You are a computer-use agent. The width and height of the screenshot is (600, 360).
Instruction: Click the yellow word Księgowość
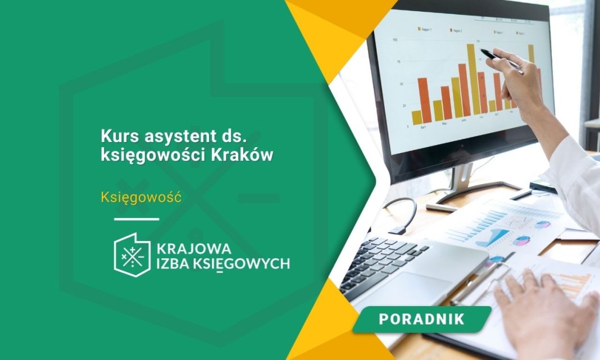(140, 197)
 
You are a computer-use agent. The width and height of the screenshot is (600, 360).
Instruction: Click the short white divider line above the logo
(137, 219)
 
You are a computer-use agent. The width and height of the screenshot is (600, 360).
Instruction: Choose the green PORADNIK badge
(421, 319)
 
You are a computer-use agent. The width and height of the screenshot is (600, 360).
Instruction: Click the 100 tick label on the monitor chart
(396, 40)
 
